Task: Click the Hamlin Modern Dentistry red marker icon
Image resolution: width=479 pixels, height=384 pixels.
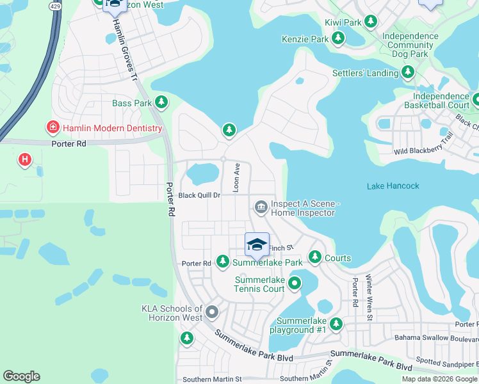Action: pyautogui.click(x=53, y=128)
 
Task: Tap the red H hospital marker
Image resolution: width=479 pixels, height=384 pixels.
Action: pyautogui.click(x=25, y=159)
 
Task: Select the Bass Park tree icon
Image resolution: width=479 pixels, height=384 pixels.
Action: pyautogui.click(x=162, y=102)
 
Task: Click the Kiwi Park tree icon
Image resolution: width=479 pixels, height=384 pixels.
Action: pyautogui.click(x=371, y=22)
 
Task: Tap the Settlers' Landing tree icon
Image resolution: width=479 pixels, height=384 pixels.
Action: pyautogui.click(x=408, y=73)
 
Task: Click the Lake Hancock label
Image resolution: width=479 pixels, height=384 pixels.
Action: pyautogui.click(x=393, y=186)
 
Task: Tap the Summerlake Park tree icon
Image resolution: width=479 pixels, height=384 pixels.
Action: pyautogui.click(x=222, y=262)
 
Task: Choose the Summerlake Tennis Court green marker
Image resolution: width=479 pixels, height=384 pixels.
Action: pyautogui.click(x=295, y=282)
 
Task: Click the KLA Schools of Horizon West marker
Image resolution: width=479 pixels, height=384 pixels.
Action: pyautogui.click(x=212, y=313)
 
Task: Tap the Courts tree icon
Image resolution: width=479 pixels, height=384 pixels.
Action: pyautogui.click(x=315, y=257)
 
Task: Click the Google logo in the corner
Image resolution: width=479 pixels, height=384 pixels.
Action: pyautogui.click(x=21, y=376)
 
